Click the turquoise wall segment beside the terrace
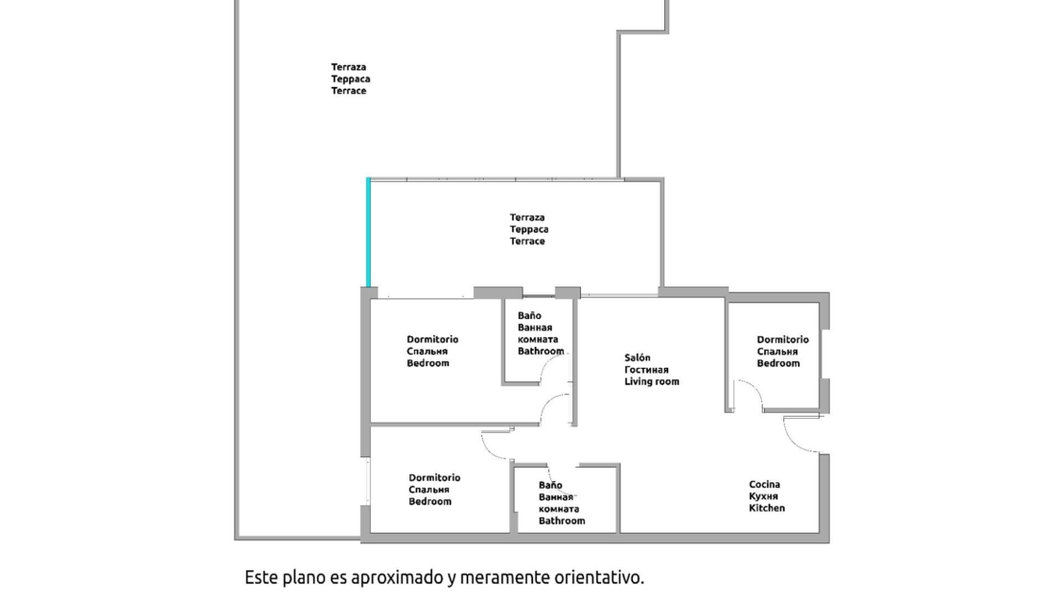pyautogui.click(x=368, y=232)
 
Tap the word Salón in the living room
pyautogui.click(x=637, y=357)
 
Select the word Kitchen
pyautogui.click(x=767, y=508)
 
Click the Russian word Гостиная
pyautogui.click(x=646, y=370)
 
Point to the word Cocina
pyautogui.click(x=764, y=484)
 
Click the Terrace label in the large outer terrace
pyautogui.click(x=349, y=91)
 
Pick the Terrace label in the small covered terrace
pyautogui.click(x=527, y=241)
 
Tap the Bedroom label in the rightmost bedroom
pyautogui.click(x=778, y=363)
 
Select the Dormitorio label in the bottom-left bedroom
pyautogui.click(x=434, y=477)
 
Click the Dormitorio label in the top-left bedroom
pyautogui.click(x=432, y=339)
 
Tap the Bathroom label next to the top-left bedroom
pyautogui.click(x=541, y=352)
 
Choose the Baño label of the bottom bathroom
pyautogui.click(x=550, y=485)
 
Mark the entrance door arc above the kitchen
pyautogui.click(x=800, y=434)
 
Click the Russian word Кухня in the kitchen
pyautogui.click(x=763, y=496)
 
